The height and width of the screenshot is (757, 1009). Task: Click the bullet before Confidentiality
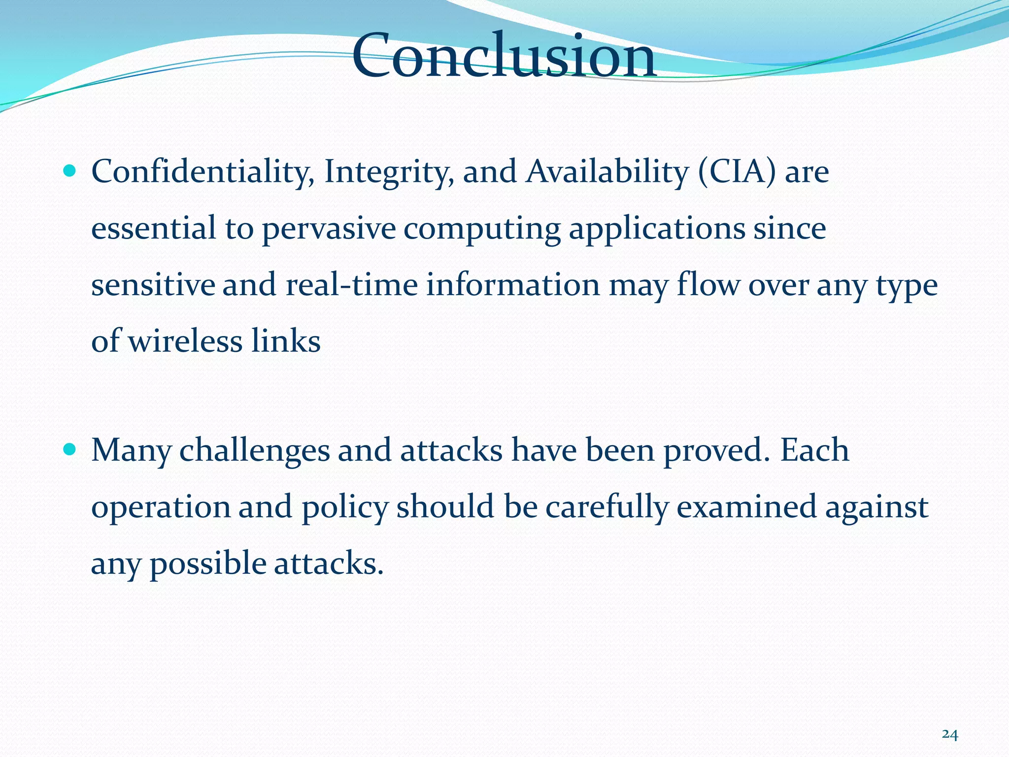[x=70, y=171]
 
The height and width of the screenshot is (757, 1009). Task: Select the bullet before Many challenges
[x=70, y=449]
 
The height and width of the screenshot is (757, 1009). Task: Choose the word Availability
[x=607, y=172]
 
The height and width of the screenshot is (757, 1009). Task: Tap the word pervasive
[x=329, y=229]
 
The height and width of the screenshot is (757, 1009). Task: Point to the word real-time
[x=351, y=286]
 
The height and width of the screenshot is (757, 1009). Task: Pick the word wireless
[x=185, y=341]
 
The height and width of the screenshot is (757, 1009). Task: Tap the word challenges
[x=254, y=451]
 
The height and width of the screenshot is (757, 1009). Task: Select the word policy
[x=345, y=508]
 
